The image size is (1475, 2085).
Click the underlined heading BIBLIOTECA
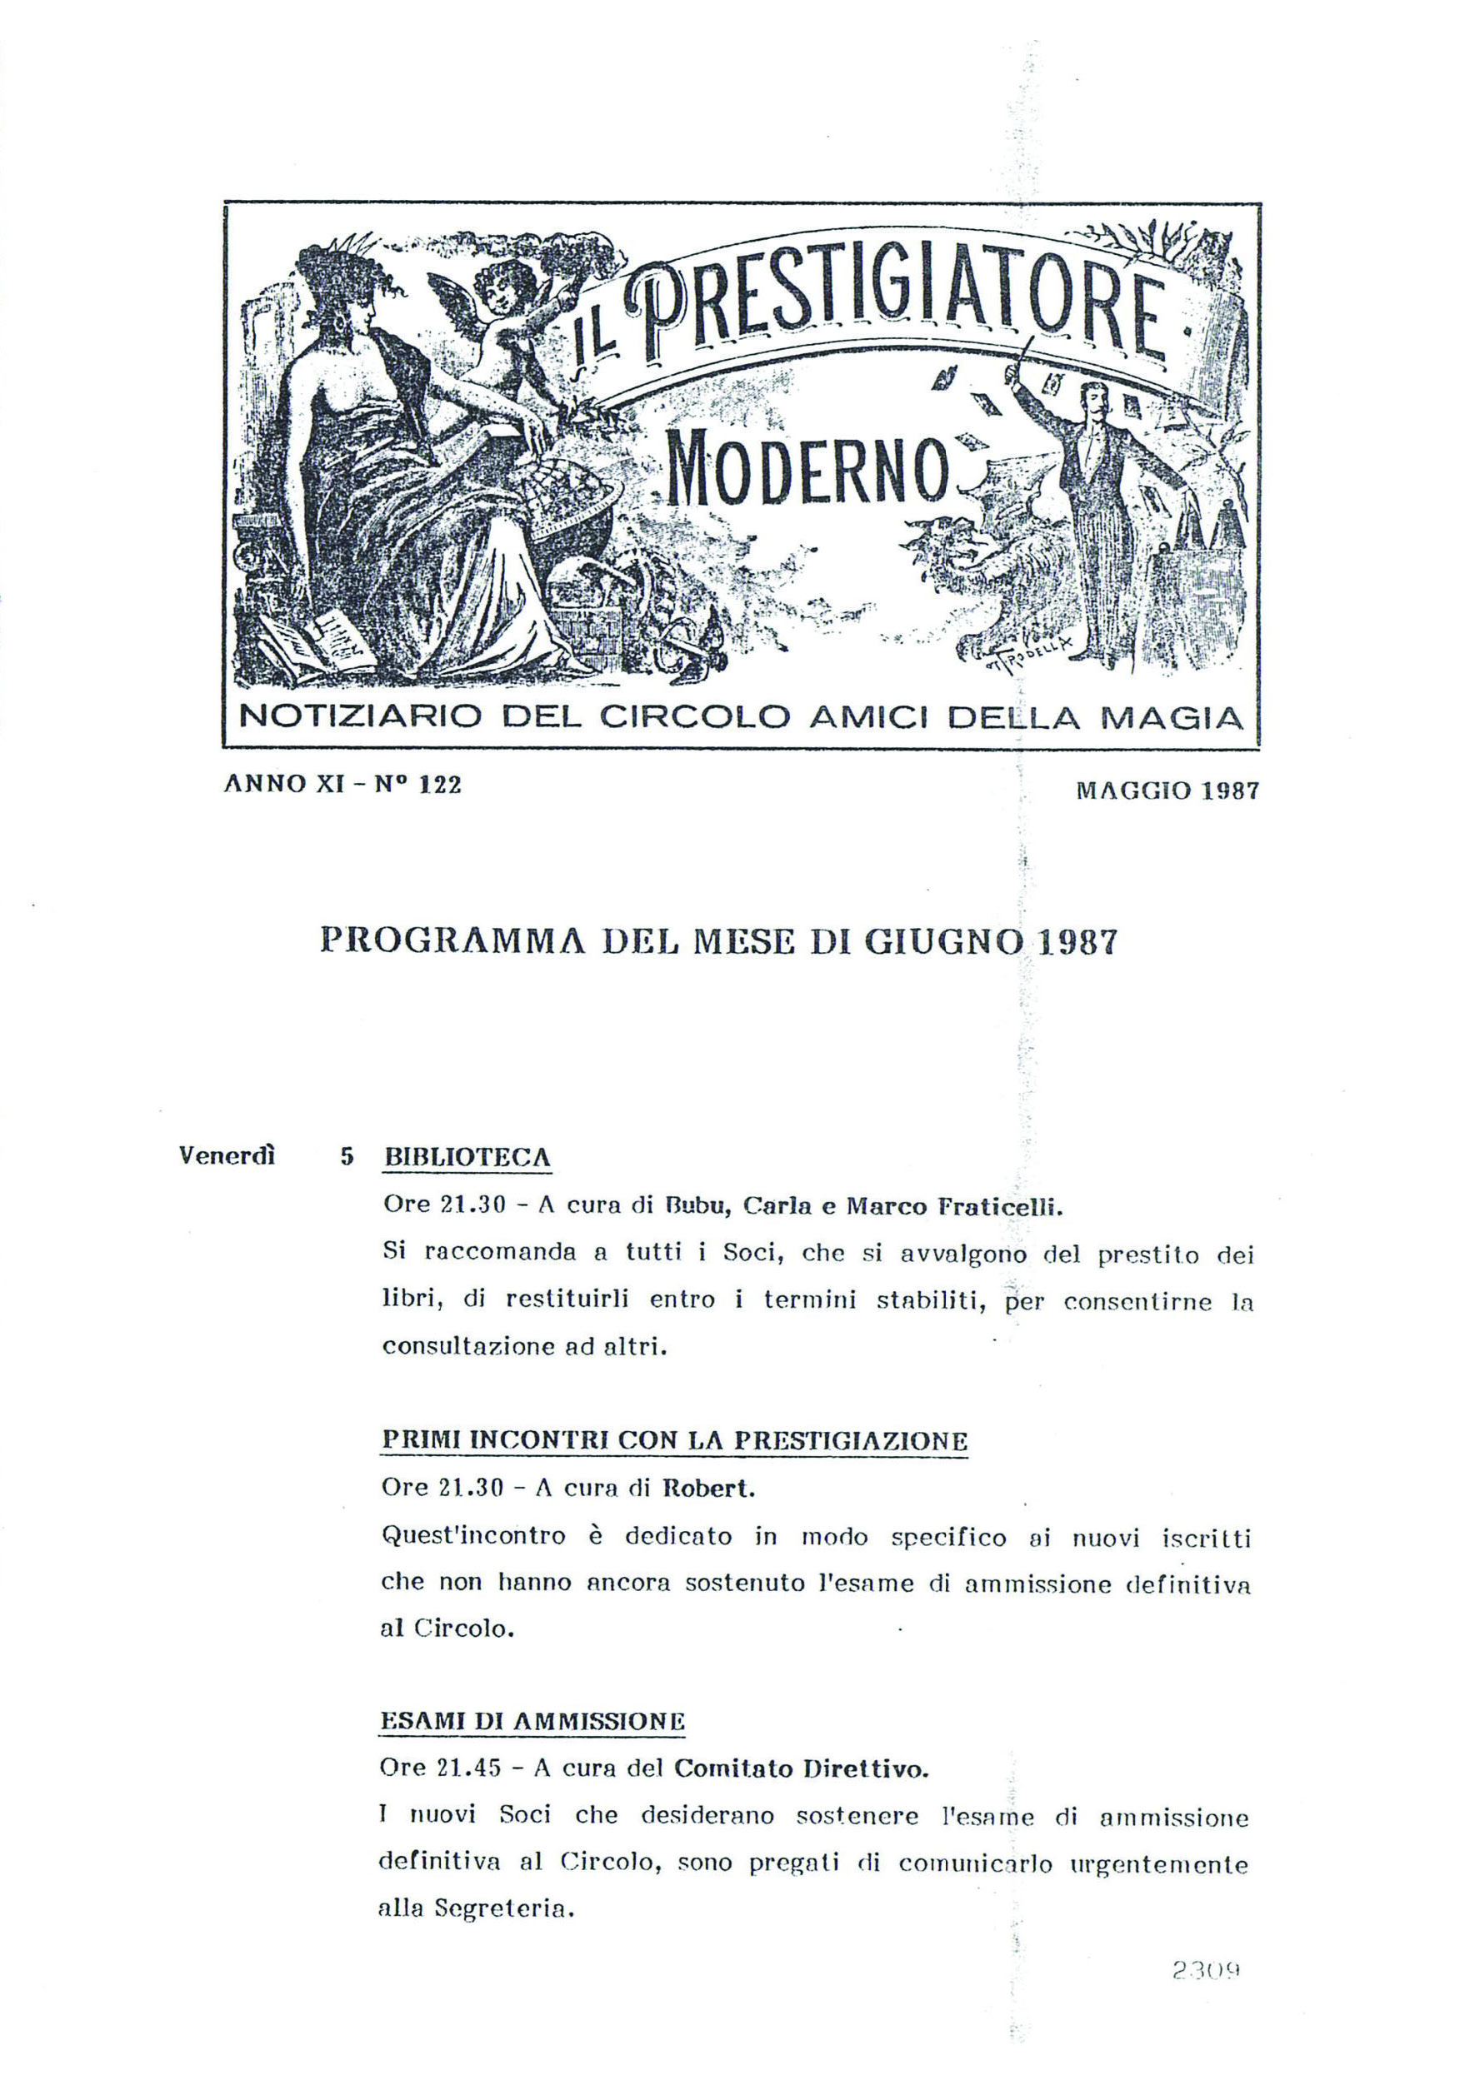tap(467, 1158)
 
